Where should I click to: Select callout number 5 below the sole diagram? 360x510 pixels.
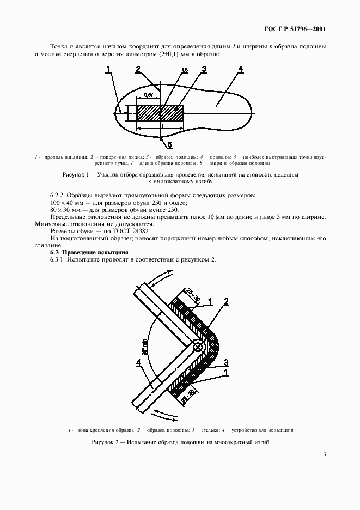tap(169, 144)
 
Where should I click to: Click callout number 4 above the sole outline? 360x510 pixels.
tap(240, 69)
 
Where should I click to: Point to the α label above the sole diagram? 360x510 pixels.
tap(185, 70)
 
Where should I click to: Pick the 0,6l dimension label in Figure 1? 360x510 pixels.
tap(148, 95)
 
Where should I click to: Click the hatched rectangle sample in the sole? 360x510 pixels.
tap(160, 113)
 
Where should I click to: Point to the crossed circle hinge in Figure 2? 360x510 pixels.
tap(198, 346)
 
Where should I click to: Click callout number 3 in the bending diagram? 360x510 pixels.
tap(225, 361)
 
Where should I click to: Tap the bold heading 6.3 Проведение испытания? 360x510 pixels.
tap(89, 252)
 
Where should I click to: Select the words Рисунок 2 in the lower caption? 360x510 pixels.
tap(108, 442)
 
